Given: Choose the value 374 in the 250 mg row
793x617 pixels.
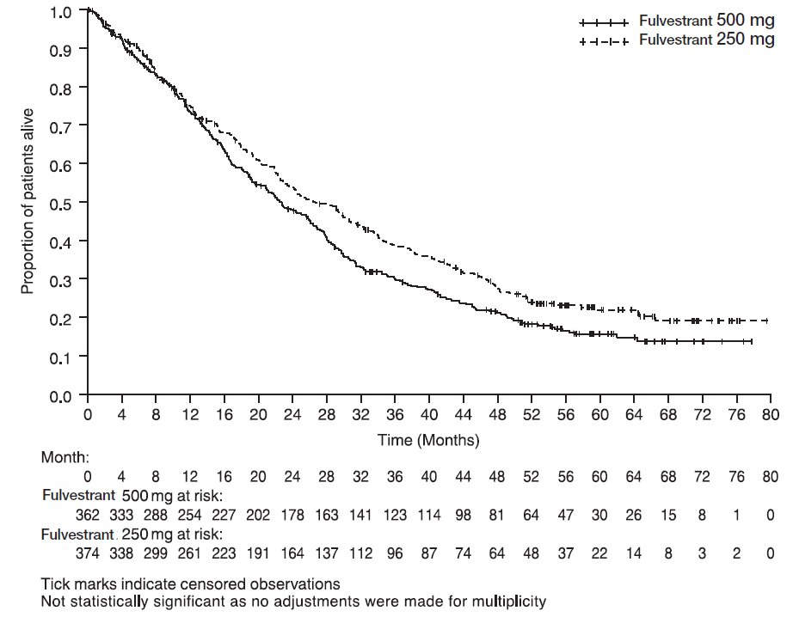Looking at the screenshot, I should [x=88, y=553].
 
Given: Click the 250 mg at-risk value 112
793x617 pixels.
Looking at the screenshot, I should [x=360, y=553].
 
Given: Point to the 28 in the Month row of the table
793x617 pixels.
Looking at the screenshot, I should [x=326, y=476].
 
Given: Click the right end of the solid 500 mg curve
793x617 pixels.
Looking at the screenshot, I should [x=752, y=342].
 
